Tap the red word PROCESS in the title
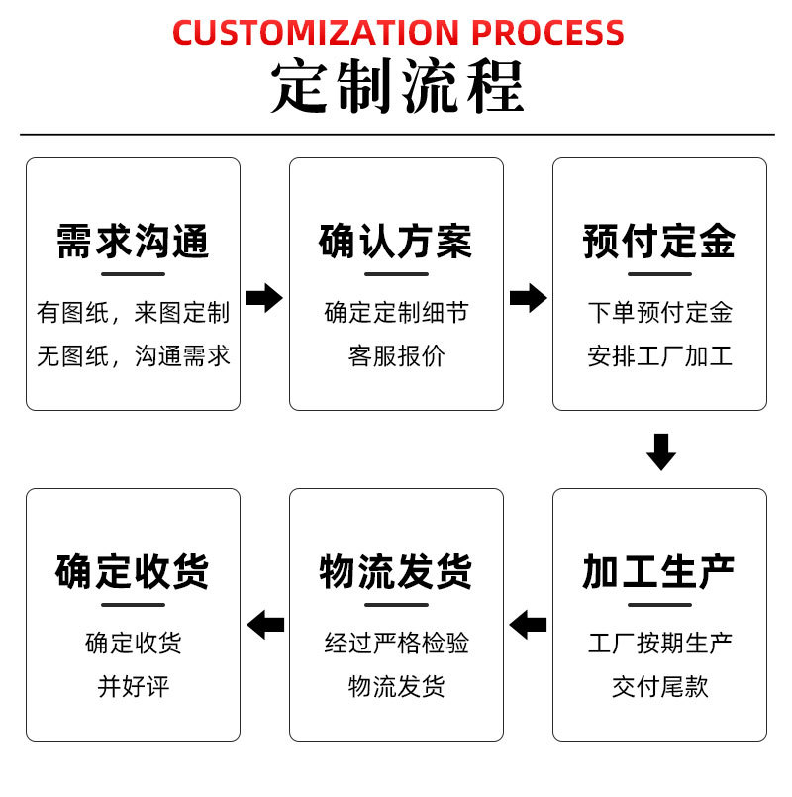click(547, 32)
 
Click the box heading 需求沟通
click(133, 242)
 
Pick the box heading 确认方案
click(396, 242)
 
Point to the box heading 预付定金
click(659, 242)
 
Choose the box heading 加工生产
click(659, 571)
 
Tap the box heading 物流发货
click(396, 571)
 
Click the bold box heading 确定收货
click(133, 571)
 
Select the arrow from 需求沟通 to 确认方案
click(264, 297)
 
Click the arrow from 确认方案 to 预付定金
click(528, 297)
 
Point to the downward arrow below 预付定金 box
click(660, 451)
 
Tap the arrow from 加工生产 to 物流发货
click(528, 625)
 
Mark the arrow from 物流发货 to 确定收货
click(264, 625)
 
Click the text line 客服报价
click(396, 356)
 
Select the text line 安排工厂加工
click(659, 356)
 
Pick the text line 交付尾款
click(659, 686)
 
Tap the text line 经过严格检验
click(396, 644)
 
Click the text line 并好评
click(133, 686)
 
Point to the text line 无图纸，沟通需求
click(133, 356)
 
